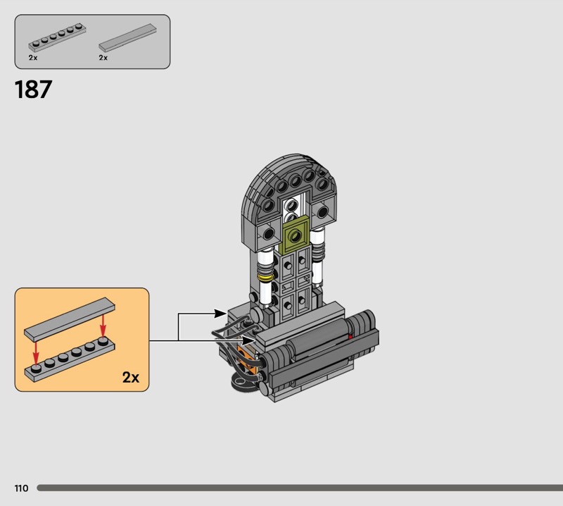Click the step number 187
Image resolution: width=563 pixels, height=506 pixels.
click(33, 90)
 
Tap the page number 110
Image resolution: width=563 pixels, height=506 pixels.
click(21, 488)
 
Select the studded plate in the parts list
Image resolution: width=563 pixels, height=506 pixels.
click(57, 38)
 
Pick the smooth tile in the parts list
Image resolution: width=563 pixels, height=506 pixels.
click(127, 37)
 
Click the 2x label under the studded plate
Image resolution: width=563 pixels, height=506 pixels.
click(33, 58)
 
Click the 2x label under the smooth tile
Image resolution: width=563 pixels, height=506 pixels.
click(103, 58)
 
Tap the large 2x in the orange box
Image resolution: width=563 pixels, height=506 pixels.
click(131, 377)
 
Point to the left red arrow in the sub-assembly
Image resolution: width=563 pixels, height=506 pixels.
click(36, 352)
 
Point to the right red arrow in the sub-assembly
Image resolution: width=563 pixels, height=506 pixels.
click(103, 325)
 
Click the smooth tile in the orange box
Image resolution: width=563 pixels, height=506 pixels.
click(70, 319)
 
